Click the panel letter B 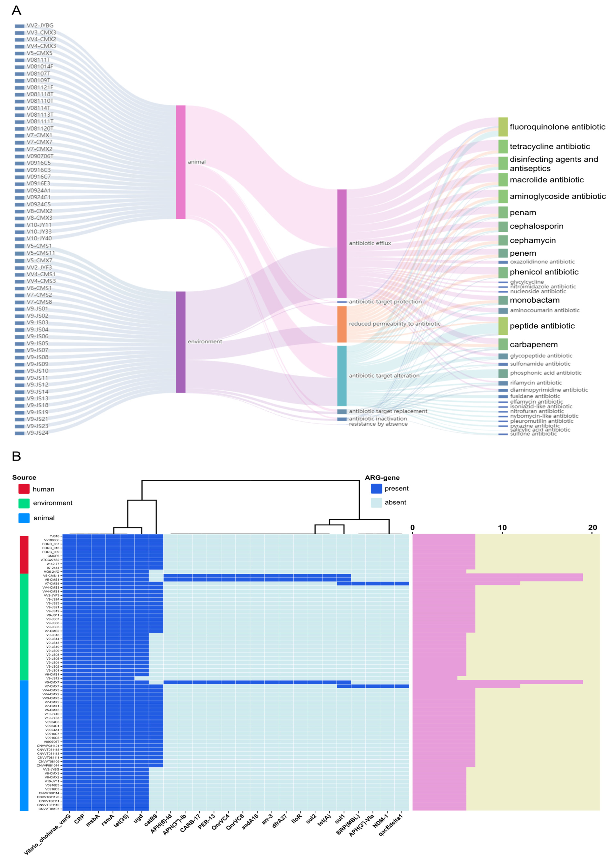16,456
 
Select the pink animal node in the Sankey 180,162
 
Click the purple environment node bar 180,342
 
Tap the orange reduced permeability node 341,324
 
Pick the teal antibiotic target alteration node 341,376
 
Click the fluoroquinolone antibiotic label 557,127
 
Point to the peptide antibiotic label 542,326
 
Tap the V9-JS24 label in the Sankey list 37,433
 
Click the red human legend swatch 24,489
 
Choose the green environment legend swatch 24,503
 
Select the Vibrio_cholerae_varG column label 47,833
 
